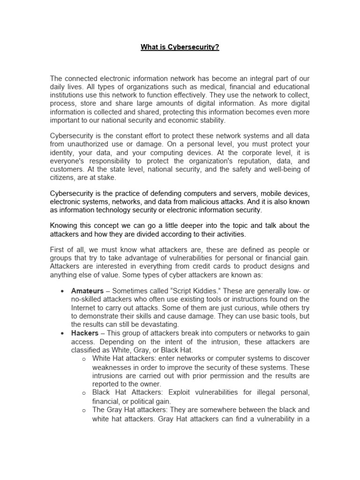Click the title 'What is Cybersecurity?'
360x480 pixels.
click(x=180, y=48)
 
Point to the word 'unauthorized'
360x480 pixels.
click(x=90, y=144)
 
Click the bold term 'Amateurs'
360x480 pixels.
click(x=87, y=291)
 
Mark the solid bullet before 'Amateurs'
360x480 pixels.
click(x=62, y=291)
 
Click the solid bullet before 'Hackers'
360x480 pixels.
click(x=62, y=333)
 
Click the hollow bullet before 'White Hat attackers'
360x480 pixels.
click(x=83, y=359)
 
